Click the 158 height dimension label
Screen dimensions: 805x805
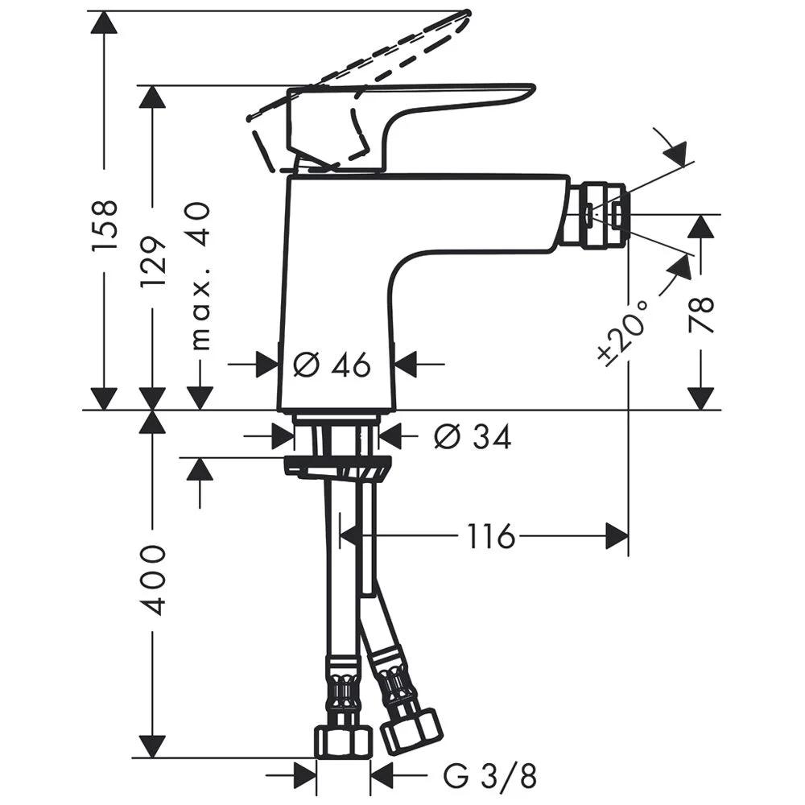pyautogui.click(x=105, y=226)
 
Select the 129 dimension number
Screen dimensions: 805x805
pyautogui.click(x=153, y=262)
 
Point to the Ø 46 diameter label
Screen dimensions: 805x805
pyautogui.click(x=332, y=365)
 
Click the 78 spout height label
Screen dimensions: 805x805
pyautogui.click(x=701, y=315)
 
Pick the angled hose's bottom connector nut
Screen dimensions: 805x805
pyautogui.click(x=411, y=729)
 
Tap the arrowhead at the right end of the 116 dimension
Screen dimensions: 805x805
pyautogui.click(x=617, y=536)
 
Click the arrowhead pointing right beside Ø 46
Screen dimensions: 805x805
pyautogui.click(x=268, y=365)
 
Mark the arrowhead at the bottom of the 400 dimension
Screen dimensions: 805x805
pyautogui.click(x=152, y=746)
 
